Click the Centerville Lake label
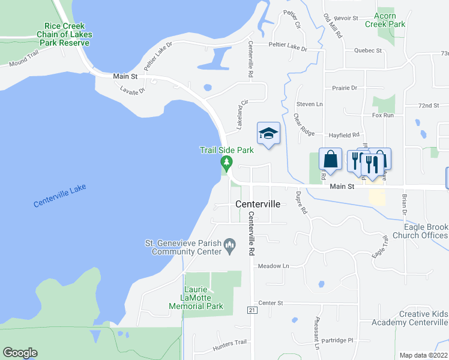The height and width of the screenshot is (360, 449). tap(60, 196)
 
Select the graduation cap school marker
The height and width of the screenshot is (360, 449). tap(268, 134)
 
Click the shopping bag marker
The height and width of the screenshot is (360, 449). tap(330, 160)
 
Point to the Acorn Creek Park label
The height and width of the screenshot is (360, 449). tap(389, 20)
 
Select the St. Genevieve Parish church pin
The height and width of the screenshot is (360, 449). tap(229, 245)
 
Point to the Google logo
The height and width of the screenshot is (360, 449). tap(20, 353)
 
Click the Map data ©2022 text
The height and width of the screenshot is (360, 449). tap(423, 355)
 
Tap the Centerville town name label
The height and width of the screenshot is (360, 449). tap(258, 204)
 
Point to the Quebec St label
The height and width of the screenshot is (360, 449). tap(368, 50)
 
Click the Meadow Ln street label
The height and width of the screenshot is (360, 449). tap(273, 266)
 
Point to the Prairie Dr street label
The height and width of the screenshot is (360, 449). tap(345, 88)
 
